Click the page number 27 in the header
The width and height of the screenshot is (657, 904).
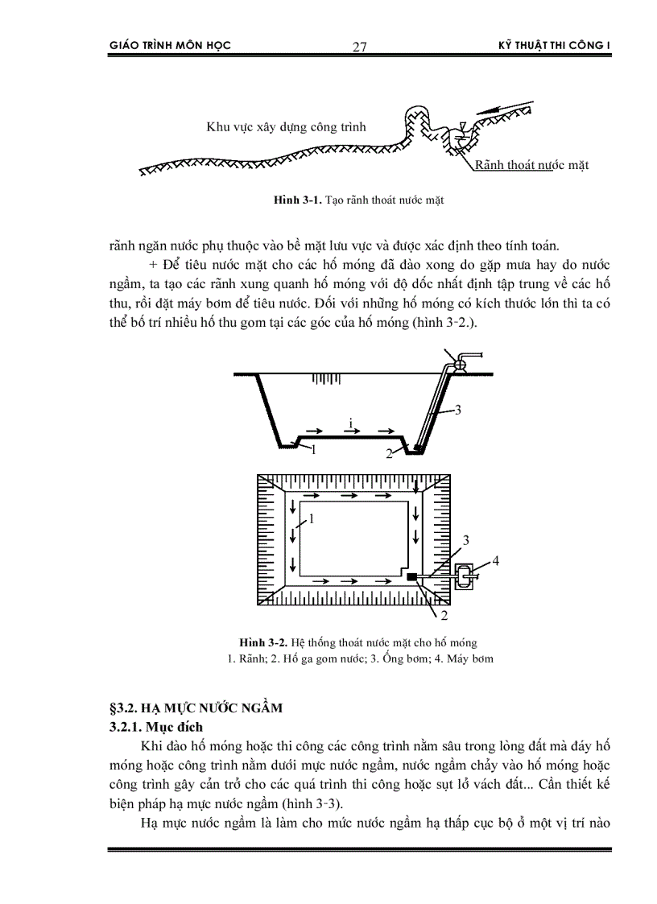359,47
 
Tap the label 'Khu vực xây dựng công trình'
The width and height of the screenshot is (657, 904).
286,126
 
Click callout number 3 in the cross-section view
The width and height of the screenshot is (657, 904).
457,411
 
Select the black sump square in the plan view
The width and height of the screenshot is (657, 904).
411,577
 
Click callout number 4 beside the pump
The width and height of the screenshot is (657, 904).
496,561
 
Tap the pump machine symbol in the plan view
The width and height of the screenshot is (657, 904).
465,576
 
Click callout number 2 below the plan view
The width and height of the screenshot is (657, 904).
443,617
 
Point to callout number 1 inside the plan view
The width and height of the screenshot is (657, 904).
310,519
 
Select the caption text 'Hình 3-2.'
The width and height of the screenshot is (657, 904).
263,642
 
